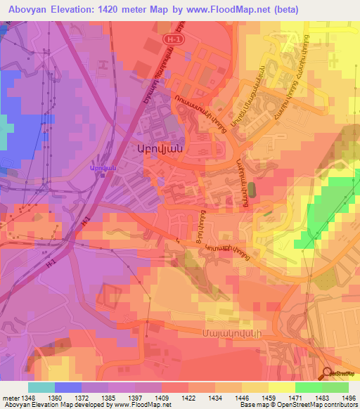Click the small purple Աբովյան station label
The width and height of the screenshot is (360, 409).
(101, 166)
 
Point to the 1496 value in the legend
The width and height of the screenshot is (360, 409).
(347, 398)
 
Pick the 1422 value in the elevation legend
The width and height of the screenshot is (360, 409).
(188, 398)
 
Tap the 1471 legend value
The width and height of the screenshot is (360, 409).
(295, 398)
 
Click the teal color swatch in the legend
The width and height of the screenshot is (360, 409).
(41, 387)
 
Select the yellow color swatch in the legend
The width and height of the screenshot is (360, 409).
(281, 387)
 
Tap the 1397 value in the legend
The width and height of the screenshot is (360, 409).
(136, 398)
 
